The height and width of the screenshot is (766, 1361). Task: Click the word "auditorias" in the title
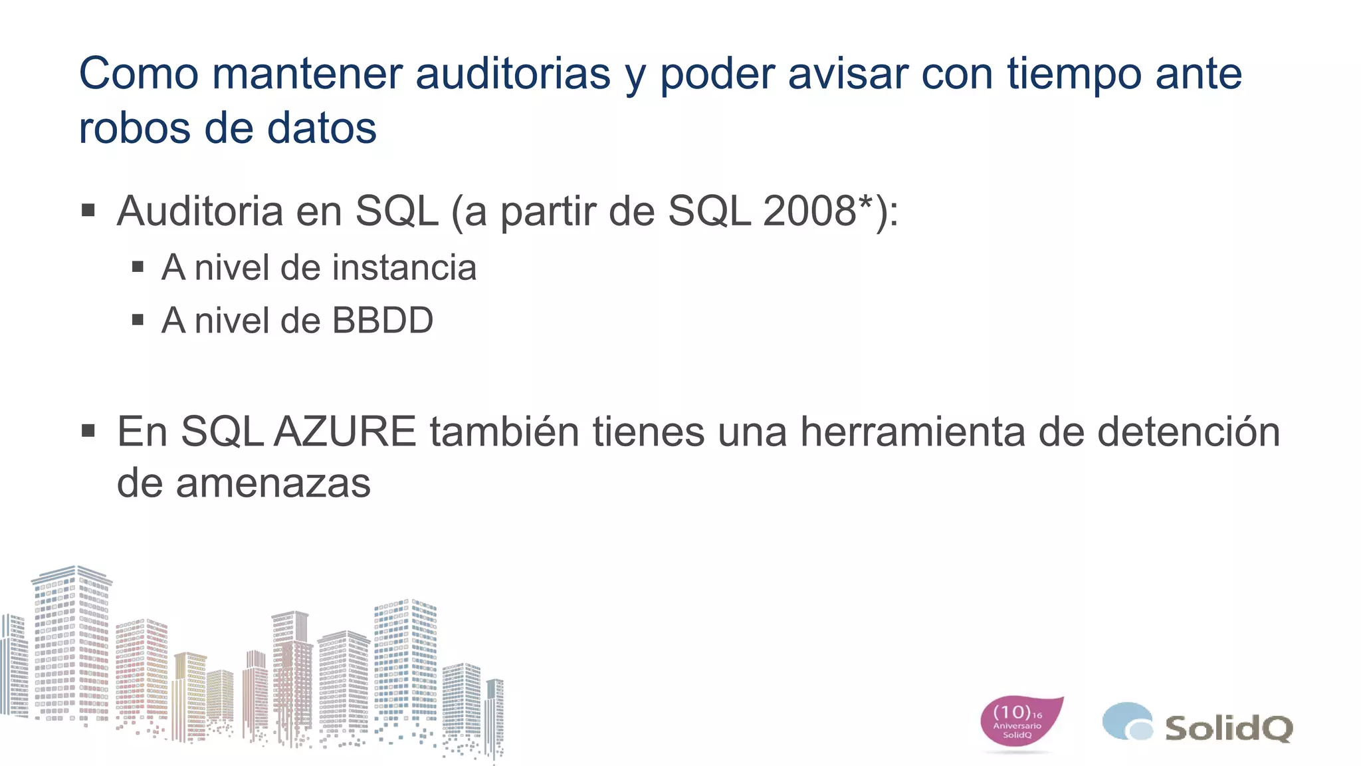(x=512, y=73)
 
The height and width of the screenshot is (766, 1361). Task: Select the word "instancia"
(x=404, y=268)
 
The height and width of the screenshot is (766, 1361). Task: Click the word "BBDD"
(x=382, y=321)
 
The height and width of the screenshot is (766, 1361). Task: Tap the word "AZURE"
(x=345, y=432)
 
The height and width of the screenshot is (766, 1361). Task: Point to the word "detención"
(x=1188, y=432)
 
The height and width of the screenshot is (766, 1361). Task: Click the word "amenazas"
(x=273, y=483)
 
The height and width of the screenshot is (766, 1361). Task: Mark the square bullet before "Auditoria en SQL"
(x=88, y=211)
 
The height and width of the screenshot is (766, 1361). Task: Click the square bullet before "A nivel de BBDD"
(x=138, y=320)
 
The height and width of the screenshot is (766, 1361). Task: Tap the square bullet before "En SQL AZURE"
(x=88, y=432)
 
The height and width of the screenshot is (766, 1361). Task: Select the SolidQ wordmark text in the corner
(x=1229, y=728)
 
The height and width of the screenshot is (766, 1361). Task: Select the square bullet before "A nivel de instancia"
(x=138, y=267)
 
